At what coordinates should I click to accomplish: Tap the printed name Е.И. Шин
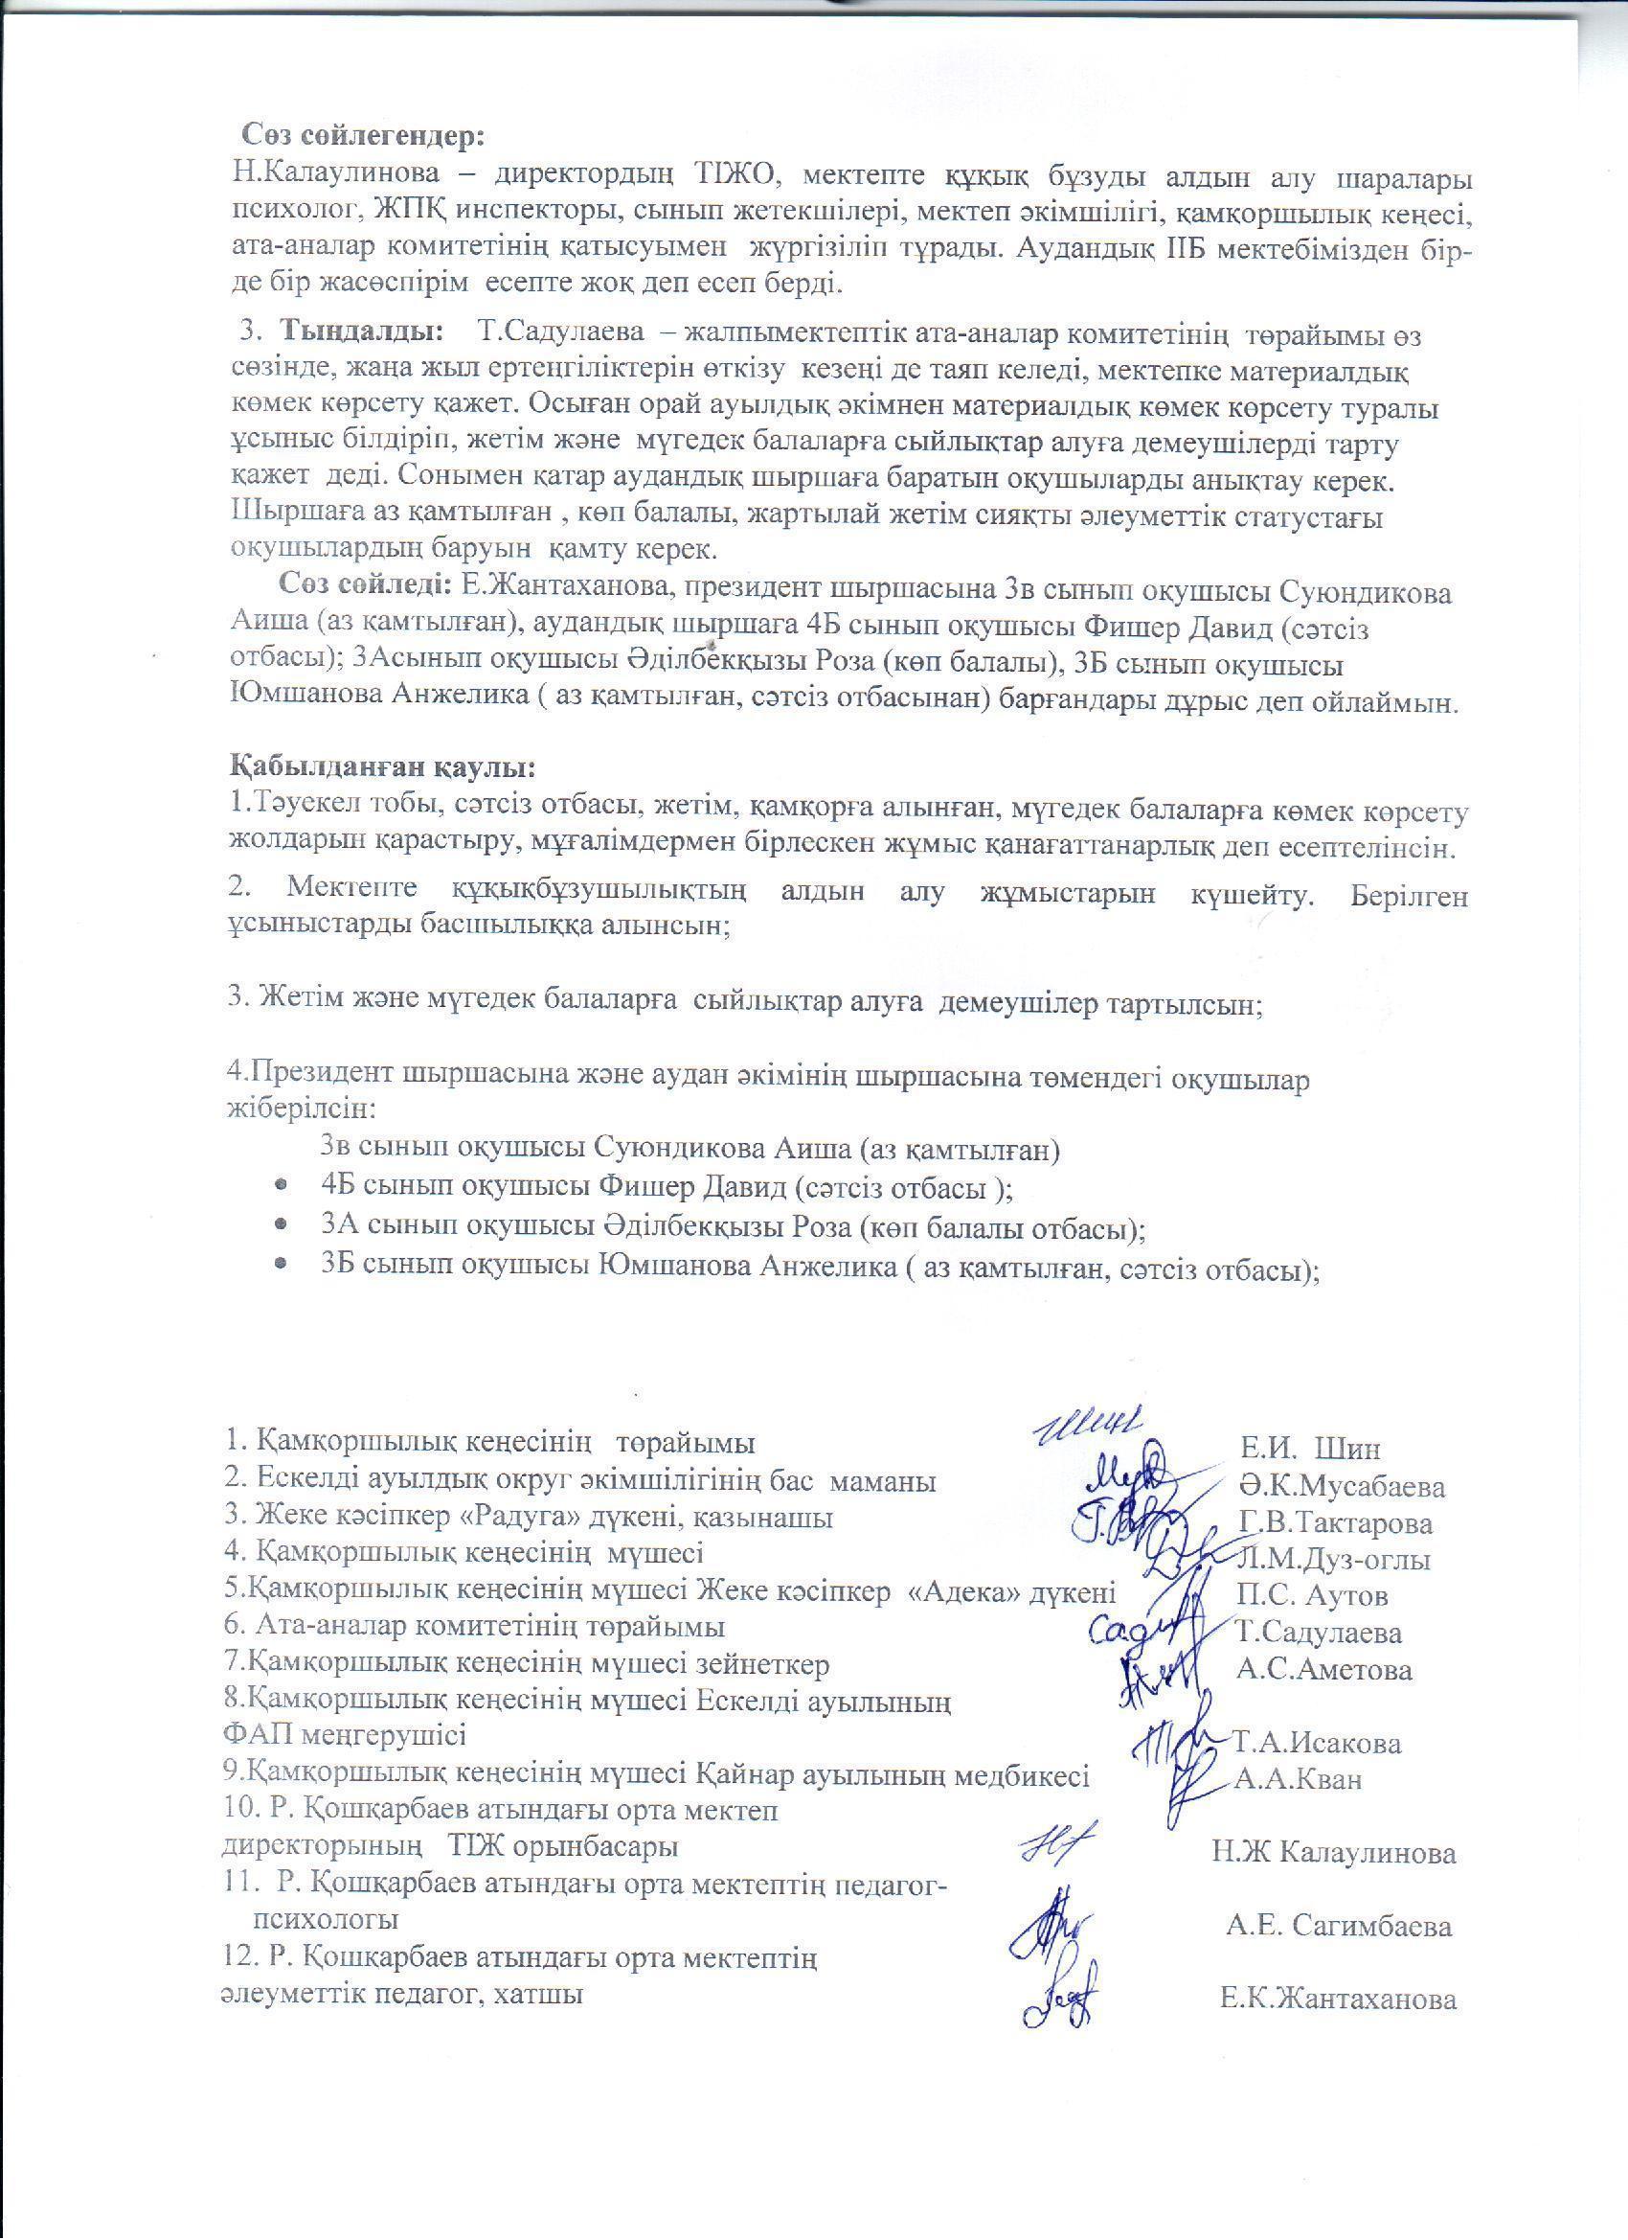[x=1310, y=1449]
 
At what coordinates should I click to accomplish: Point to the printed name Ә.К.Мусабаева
[x=1340, y=1486]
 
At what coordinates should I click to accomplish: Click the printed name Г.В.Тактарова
[x=1335, y=1523]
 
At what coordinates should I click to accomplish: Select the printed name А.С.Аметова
[x=1323, y=1669]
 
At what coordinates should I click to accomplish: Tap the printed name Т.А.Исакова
[x=1316, y=1743]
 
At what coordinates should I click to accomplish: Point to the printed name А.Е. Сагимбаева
[x=1339, y=1926]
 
